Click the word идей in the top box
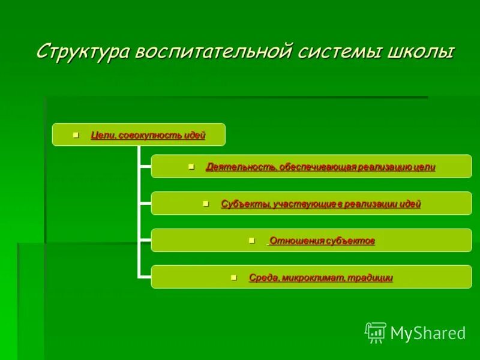click(195, 136)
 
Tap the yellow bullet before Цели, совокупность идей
click(76, 135)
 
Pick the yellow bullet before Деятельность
click(191, 166)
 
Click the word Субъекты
click(245, 204)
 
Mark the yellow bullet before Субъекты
click(206, 203)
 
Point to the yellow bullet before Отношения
click(251, 241)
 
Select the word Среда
click(263, 278)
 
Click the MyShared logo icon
click(375, 332)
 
